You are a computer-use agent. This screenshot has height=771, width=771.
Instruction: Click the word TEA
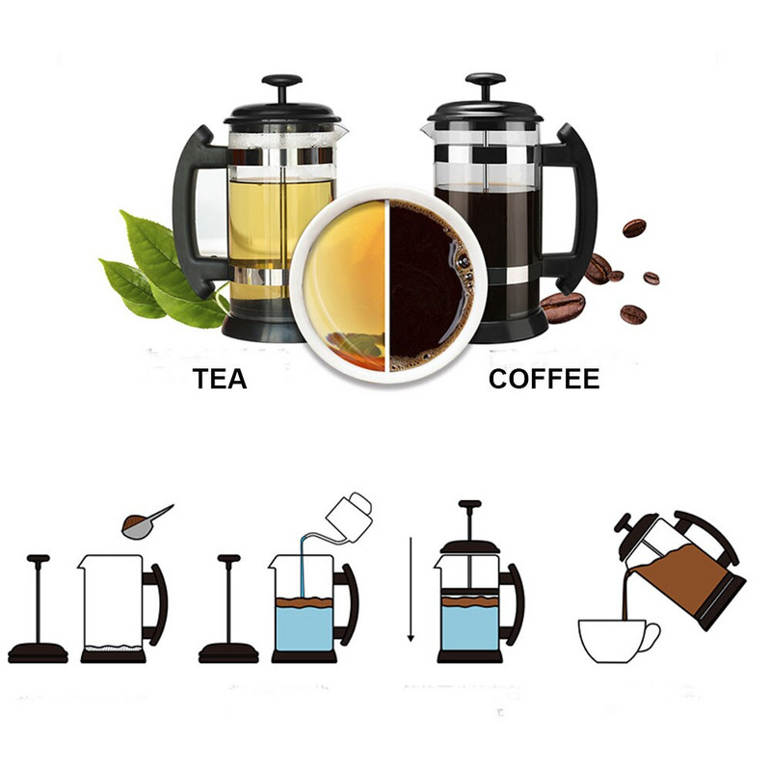220,379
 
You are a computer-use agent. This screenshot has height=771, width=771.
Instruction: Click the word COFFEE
544,379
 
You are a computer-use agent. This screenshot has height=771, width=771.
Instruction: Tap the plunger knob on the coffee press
485,80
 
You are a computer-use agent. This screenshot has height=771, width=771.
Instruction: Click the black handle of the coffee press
574,207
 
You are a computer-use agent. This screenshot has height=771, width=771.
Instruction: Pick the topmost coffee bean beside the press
633,227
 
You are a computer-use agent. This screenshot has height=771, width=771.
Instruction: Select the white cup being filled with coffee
617,641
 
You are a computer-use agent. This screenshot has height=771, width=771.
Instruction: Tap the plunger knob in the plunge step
469,505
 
